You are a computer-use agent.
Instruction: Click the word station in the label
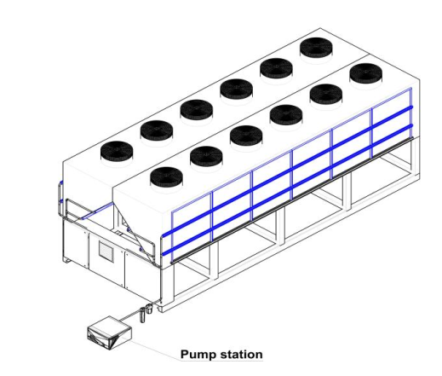[x=242, y=355]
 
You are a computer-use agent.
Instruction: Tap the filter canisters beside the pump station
[x=146, y=312]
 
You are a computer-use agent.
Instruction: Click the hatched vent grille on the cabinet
[x=106, y=252]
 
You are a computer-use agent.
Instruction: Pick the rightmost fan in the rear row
[x=316, y=48]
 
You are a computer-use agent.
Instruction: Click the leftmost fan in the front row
[x=166, y=176]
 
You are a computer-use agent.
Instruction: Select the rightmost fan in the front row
[x=366, y=73]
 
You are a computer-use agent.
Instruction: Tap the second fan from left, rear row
[x=157, y=130]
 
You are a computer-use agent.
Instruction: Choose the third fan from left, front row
[x=246, y=135]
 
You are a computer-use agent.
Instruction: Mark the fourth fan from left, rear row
[x=236, y=89]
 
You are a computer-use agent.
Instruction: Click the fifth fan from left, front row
[x=326, y=94]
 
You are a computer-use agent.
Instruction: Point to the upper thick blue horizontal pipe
[x=287, y=171]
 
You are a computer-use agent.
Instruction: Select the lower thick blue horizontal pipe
[x=287, y=190]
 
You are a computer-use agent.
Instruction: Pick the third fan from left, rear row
[x=197, y=109]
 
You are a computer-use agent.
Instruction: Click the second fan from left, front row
[x=206, y=156]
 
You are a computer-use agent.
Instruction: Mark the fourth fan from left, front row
[x=286, y=114]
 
